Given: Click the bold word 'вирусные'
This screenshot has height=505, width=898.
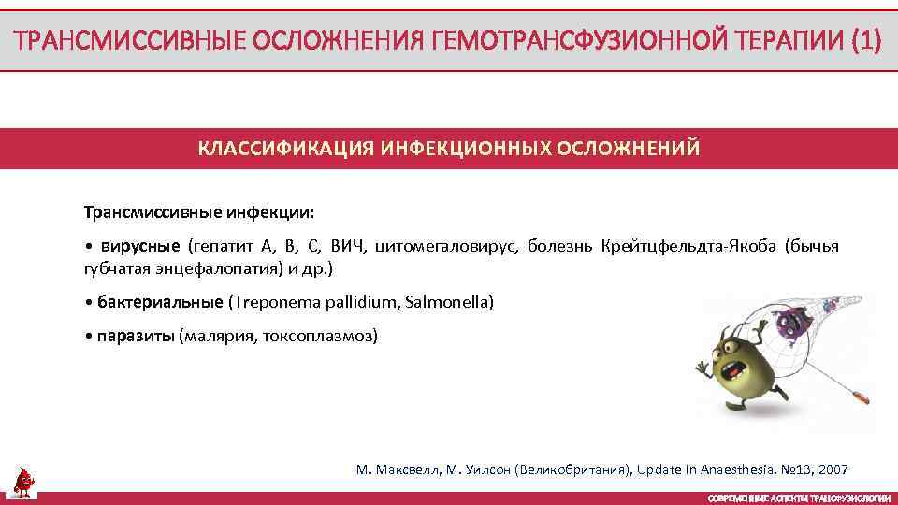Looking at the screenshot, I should pyautogui.click(x=139, y=247).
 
